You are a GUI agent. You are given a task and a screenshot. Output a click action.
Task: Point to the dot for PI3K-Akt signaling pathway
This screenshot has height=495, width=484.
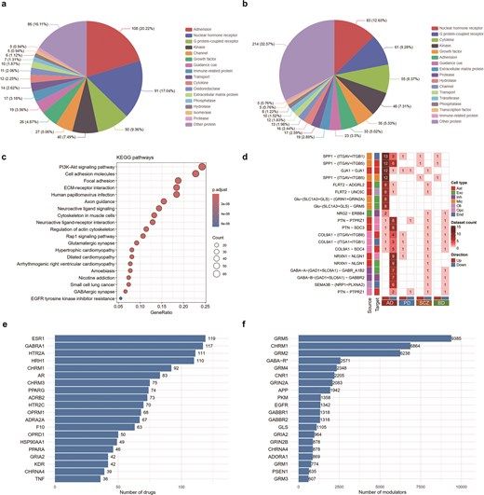click(x=224, y=169)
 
